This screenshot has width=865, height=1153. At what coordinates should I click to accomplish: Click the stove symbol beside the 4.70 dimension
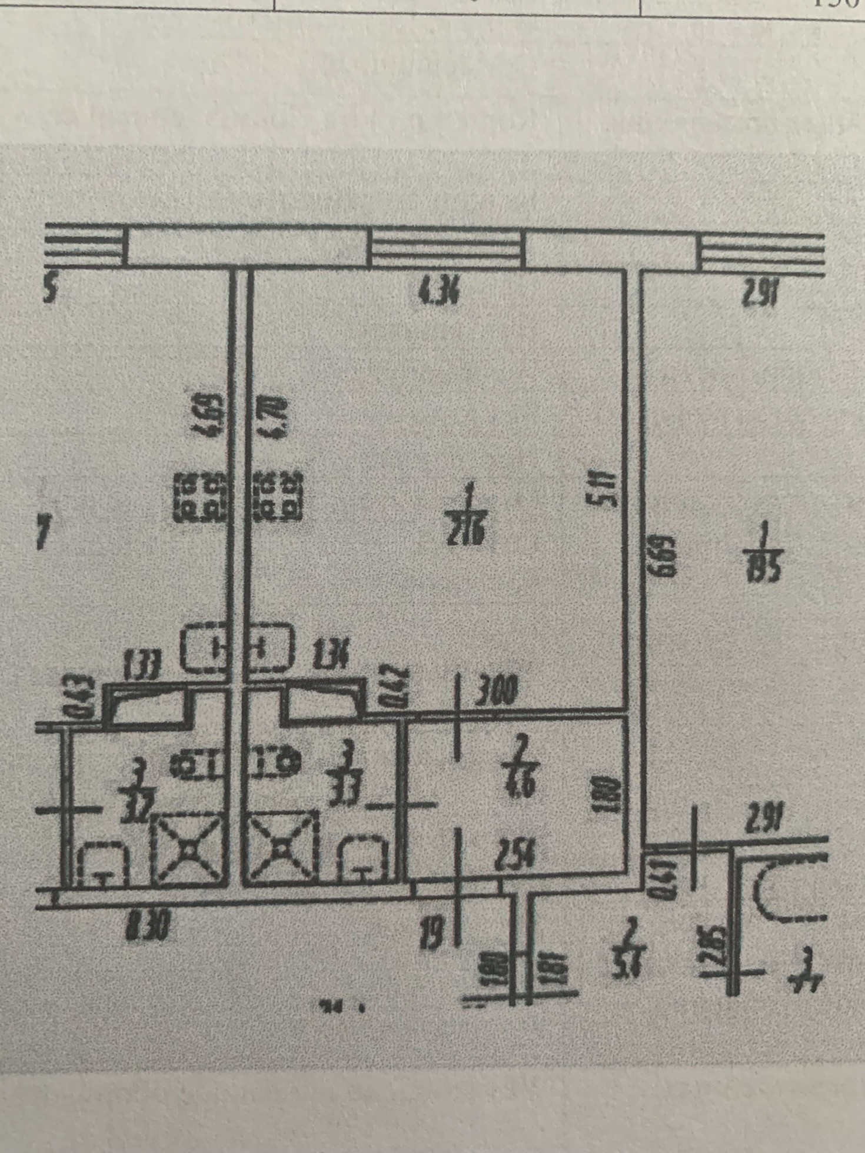(x=277, y=495)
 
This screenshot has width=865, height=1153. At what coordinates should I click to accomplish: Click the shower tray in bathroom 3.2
(x=189, y=848)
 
